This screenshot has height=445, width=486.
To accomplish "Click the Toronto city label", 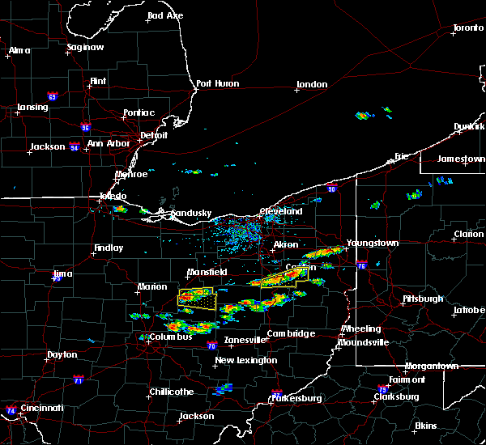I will point(468,28).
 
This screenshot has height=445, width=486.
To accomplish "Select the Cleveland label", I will point(281,211).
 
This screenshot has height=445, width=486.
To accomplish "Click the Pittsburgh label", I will point(423,299).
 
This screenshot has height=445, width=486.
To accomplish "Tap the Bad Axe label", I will point(165,16).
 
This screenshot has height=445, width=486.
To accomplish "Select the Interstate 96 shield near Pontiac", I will point(85,126).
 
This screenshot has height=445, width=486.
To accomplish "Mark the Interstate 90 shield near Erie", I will point(332,189).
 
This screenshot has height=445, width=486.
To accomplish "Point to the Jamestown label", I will point(462,159).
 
